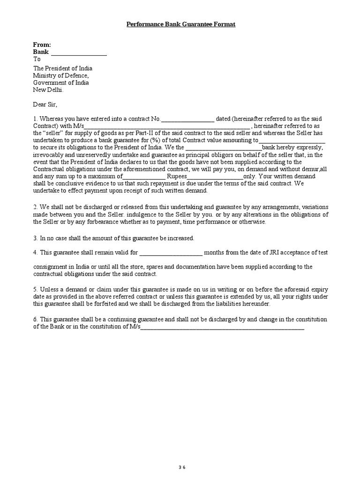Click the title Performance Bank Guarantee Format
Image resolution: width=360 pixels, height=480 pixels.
[180, 24]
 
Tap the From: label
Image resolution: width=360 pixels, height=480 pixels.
[42, 45]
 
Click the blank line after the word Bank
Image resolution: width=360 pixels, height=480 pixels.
[79, 52]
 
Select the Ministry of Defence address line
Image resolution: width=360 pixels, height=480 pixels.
[60, 75]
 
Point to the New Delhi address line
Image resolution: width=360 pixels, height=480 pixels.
[48, 90]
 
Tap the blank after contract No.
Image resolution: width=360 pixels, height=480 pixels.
[187, 119]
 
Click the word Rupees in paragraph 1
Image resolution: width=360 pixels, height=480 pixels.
[177, 176]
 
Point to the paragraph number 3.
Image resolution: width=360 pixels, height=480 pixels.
[35, 238]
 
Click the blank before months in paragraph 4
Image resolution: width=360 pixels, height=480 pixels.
[171, 252]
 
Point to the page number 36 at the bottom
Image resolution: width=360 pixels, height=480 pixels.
[182, 454]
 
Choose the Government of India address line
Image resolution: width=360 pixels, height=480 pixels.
[61, 82]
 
